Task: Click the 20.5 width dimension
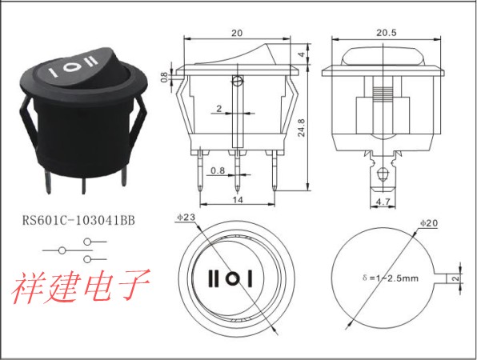click(x=387, y=33)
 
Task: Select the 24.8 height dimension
click(x=301, y=128)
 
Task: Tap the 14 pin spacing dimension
click(x=238, y=200)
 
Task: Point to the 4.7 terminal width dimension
click(x=383, y=202)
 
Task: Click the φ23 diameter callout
click(x=186, y=217)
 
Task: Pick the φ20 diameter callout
click(x=429, y=223)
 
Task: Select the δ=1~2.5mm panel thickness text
click(x=391, y=278)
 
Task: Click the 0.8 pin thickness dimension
click(x=218, y=170)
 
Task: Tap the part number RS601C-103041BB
click(x=78, y=220)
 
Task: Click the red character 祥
click(x=27, y=286)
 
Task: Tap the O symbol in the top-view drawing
click(x=233, y=278)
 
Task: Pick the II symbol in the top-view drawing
click(x=213, y=278)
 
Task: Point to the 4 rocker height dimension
click(x=302, y=54)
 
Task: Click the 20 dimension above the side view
click(x=237, y=33)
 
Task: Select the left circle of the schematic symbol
click(x=62, y=250)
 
